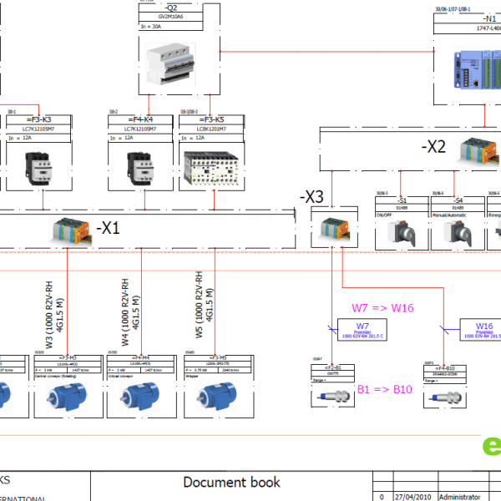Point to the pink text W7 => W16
pyautogui.click(x=382, y=307)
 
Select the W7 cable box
pyautogui.click(x=362, y=331)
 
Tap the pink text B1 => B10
pyautogui.click(x=387, y=389)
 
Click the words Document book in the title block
pyautogui.click(x=231, y=482)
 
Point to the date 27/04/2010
pyautogui.click(x=414, y=495)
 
